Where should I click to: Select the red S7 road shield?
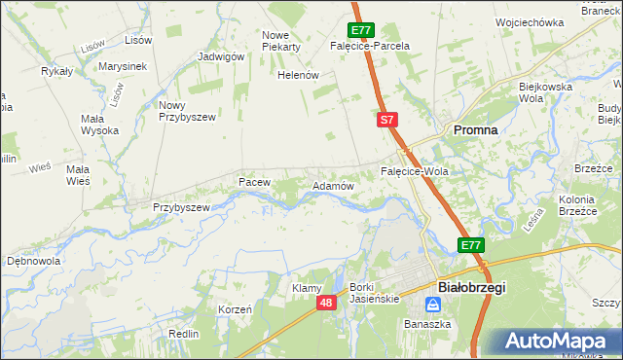pos(387,120)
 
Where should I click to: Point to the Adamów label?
pos(331,184)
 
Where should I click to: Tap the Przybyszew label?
pos(181,207)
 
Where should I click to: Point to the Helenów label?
pos(299,75)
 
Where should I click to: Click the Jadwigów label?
pos(220,56)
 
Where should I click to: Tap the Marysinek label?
pos(122,66)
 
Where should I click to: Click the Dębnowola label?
pos(34,261)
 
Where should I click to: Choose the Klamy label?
pos(307,288)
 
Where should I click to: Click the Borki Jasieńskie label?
pos(375,293)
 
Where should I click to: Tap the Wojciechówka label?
pos(530,21)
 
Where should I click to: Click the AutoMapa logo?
pos(556,342)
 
